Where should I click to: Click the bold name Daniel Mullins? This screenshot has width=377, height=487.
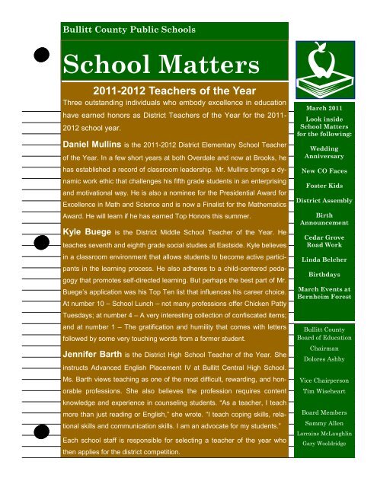coord(95,144)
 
